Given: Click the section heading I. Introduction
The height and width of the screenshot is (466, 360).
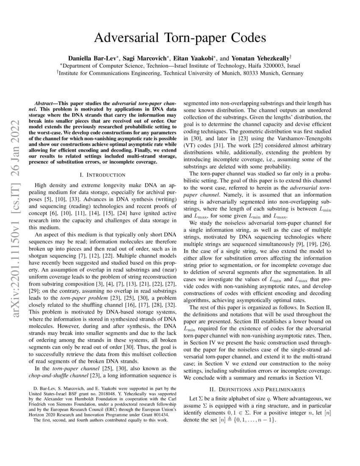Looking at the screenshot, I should tap(102, 175).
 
